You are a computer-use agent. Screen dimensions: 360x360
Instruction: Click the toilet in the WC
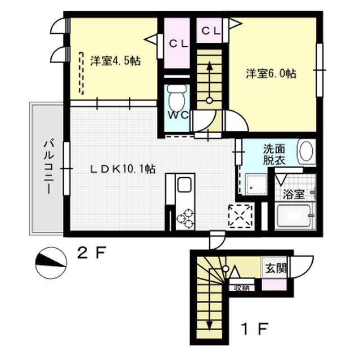177,97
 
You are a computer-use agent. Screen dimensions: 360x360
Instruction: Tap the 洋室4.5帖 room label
115,61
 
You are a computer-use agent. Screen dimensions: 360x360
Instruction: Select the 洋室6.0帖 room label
271,74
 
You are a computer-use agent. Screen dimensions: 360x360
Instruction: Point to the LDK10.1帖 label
123,169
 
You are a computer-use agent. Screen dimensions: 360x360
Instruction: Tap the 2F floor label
91,253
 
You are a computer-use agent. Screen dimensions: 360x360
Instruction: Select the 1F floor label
255,329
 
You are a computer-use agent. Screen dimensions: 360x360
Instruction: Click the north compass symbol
51,263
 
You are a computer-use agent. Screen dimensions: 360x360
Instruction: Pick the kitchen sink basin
184,185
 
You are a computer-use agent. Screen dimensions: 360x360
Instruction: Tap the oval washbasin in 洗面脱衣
306,151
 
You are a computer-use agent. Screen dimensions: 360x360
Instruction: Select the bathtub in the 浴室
294,216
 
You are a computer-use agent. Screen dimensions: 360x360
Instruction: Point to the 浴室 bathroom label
294,195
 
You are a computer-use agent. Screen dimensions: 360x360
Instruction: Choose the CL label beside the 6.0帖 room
211,31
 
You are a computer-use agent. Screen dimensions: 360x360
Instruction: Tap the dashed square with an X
240,216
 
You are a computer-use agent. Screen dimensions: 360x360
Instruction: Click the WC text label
178,115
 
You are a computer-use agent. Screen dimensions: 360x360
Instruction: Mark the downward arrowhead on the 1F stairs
209,325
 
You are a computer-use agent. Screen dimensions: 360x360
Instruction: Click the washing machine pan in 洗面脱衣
256,184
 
